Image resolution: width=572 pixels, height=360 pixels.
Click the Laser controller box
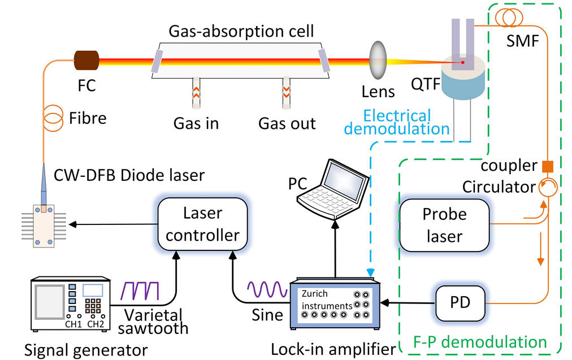(203, 224)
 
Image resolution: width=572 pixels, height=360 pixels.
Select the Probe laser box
(444, 225)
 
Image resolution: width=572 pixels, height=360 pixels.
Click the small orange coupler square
(547, 166)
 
